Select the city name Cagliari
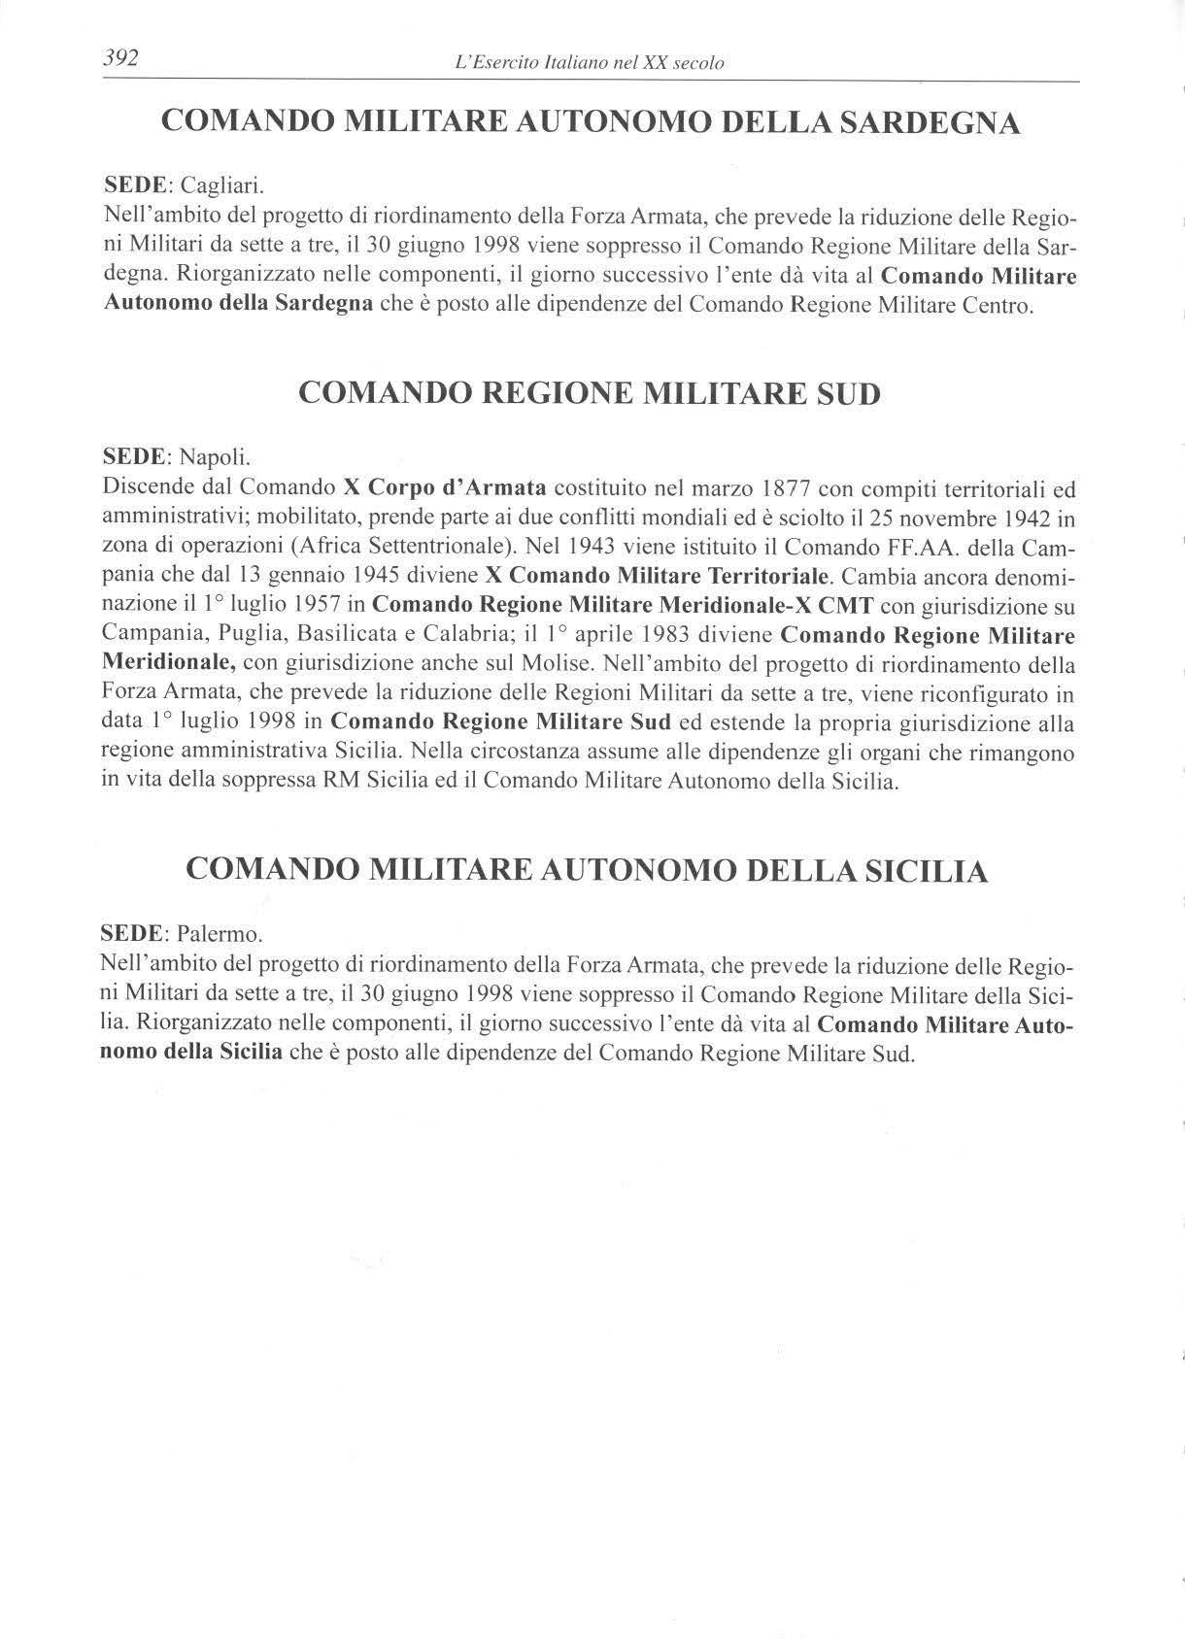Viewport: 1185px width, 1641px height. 222,184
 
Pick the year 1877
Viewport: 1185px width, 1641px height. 785,486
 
